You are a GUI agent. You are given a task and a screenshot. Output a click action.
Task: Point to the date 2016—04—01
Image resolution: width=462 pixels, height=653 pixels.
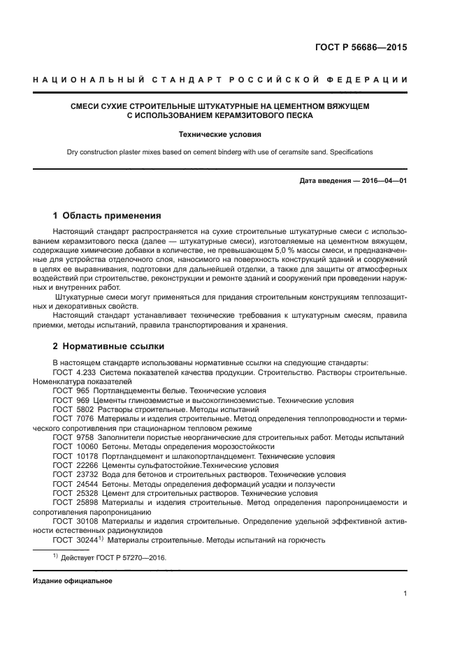384,182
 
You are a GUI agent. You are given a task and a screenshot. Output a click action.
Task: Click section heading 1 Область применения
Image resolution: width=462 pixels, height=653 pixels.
107,216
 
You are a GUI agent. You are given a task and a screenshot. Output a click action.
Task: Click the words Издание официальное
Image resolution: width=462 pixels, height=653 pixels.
73,581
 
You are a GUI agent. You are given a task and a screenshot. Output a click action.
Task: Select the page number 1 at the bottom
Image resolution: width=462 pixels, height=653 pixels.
405,594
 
